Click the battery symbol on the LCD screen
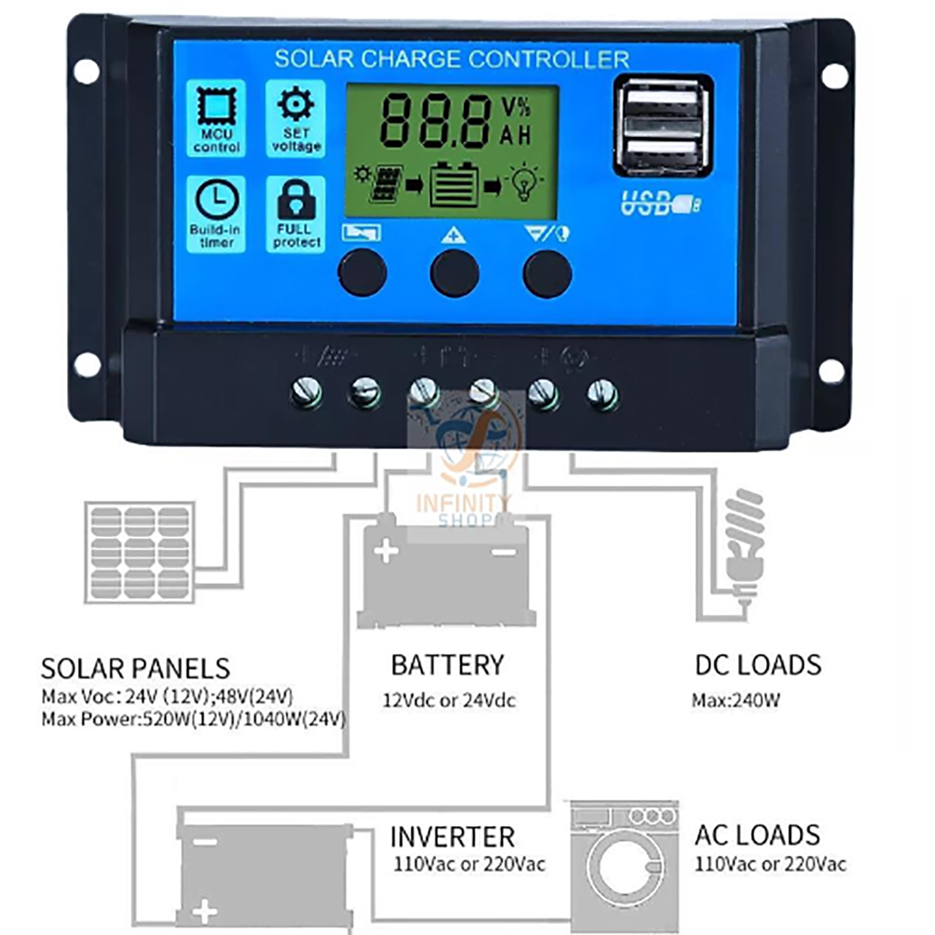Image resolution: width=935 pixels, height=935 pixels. [454, 185]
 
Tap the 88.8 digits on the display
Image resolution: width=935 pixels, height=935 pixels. [434, 122]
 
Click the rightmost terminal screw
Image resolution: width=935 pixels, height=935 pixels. [602, 393]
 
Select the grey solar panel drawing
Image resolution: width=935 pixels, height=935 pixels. [139, 552]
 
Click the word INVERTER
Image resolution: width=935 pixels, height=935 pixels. [452, 837]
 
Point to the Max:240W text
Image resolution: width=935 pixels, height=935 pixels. [736, 700]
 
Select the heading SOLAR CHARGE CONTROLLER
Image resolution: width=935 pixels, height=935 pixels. [451, 59]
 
